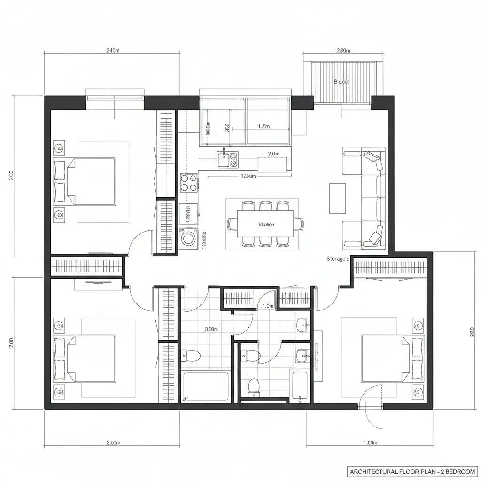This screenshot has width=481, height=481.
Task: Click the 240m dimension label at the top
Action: click(113, 51)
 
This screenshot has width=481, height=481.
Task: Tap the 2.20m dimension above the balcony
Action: click(343, 51)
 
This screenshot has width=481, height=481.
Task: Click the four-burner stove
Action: click(189, 182)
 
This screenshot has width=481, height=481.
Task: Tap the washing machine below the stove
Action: click(189, 238)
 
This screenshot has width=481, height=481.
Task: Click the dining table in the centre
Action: click(265, 224)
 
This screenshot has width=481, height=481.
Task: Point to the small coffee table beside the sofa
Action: click(337, 198)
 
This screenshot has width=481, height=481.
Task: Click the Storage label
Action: click(337, 259)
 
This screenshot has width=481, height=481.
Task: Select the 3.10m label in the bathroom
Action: click(211, 329)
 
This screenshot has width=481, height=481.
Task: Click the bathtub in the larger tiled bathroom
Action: click(206, 387)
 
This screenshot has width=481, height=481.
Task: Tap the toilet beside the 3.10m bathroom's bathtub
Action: click(192, 355)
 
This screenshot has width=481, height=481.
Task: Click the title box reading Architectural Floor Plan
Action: click(411, 471)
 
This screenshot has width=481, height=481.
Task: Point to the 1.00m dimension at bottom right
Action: click(371, 442)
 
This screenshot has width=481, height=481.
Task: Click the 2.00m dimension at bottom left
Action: click(113, 442)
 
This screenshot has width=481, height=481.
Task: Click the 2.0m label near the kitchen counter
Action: click(273, 154)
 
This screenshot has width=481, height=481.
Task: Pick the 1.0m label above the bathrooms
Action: click(268, 306)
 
